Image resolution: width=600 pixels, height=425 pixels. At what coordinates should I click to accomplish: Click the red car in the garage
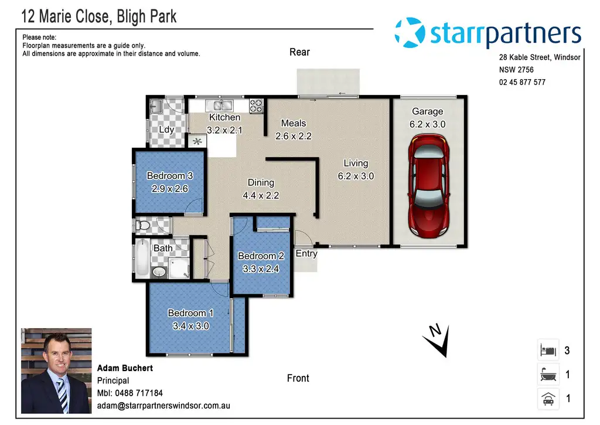tap(428, 186)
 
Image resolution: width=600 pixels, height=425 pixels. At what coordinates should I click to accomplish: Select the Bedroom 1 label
tap(190, 313)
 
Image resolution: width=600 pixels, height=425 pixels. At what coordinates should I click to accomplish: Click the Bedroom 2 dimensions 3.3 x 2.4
tap(261, 269)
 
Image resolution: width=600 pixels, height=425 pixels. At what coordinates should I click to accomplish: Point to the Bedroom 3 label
tap(169, 176)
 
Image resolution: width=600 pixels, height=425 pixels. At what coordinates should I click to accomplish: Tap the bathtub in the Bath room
tap(142, 258)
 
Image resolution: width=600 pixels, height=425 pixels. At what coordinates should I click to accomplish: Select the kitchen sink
tap(219, 106)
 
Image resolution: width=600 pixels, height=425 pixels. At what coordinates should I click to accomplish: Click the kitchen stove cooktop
tap(256, 106)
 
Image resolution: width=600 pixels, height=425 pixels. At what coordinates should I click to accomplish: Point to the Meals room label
tap(294, 123)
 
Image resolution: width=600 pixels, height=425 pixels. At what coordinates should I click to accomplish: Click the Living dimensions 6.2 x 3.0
tap(356, 176)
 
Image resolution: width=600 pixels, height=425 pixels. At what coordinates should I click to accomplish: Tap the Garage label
tap(427, 111)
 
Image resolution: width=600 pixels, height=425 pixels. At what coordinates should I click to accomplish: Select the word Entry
tap(306, 253)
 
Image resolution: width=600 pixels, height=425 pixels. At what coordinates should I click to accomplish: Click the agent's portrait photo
tap(56, 370)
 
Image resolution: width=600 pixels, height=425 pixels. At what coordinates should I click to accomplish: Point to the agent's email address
tap(163, 406)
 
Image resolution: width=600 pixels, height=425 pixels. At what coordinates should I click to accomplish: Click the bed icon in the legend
tap(548, 350)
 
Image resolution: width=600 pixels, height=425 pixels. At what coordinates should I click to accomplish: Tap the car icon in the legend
tap(548, 399)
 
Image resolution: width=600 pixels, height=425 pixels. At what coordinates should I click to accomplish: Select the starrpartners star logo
tap(410, 33)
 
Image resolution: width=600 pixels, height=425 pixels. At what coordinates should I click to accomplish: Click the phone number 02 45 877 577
tap(522, 82)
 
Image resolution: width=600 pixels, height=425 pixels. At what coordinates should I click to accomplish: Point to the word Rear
tap(299, 52)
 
